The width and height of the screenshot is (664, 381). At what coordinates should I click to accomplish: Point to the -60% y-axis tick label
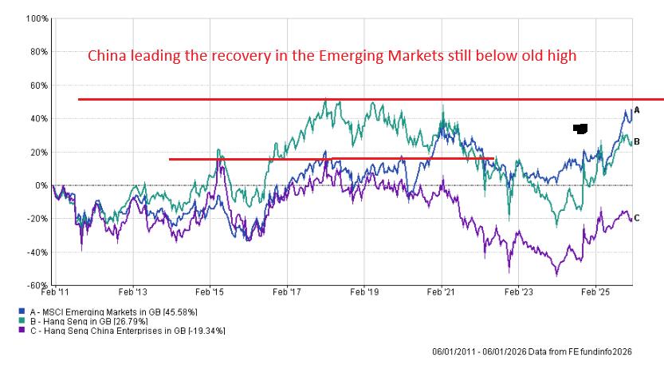pos(38,285)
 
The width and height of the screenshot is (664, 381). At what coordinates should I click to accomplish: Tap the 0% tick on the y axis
pos(41,185)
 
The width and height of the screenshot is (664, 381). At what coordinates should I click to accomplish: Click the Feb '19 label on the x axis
pos(364,293)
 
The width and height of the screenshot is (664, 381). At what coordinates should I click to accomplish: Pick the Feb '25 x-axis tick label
pos(595,293)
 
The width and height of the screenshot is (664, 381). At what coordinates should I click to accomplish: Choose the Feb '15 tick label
pos(210,293)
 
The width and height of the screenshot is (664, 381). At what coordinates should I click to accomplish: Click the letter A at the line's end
pos(636,111)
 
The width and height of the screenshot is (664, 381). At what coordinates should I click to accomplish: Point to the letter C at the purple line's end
pos(636,218)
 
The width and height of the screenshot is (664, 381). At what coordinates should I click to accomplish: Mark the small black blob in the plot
pos(580,128)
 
